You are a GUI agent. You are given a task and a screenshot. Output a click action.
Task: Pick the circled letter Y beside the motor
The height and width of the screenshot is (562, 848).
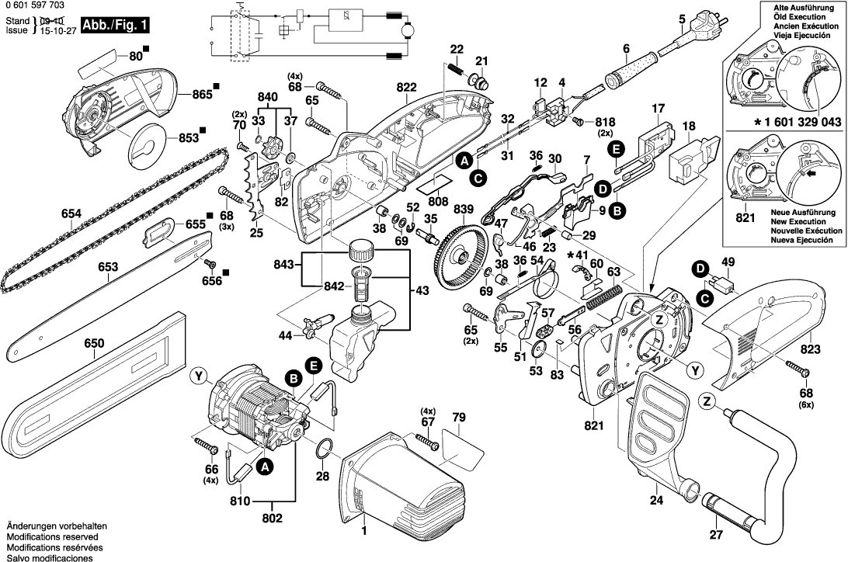coord(200,377)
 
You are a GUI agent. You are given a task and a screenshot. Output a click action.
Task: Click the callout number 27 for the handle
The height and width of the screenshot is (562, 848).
coord(715,533)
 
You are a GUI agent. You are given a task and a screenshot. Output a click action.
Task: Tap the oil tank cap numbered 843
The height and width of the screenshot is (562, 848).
coord(360,251)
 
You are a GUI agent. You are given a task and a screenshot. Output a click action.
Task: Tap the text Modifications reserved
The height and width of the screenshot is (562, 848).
coord(51,536)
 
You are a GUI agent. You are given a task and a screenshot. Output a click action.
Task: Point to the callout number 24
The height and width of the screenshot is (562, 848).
coord(657,500)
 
